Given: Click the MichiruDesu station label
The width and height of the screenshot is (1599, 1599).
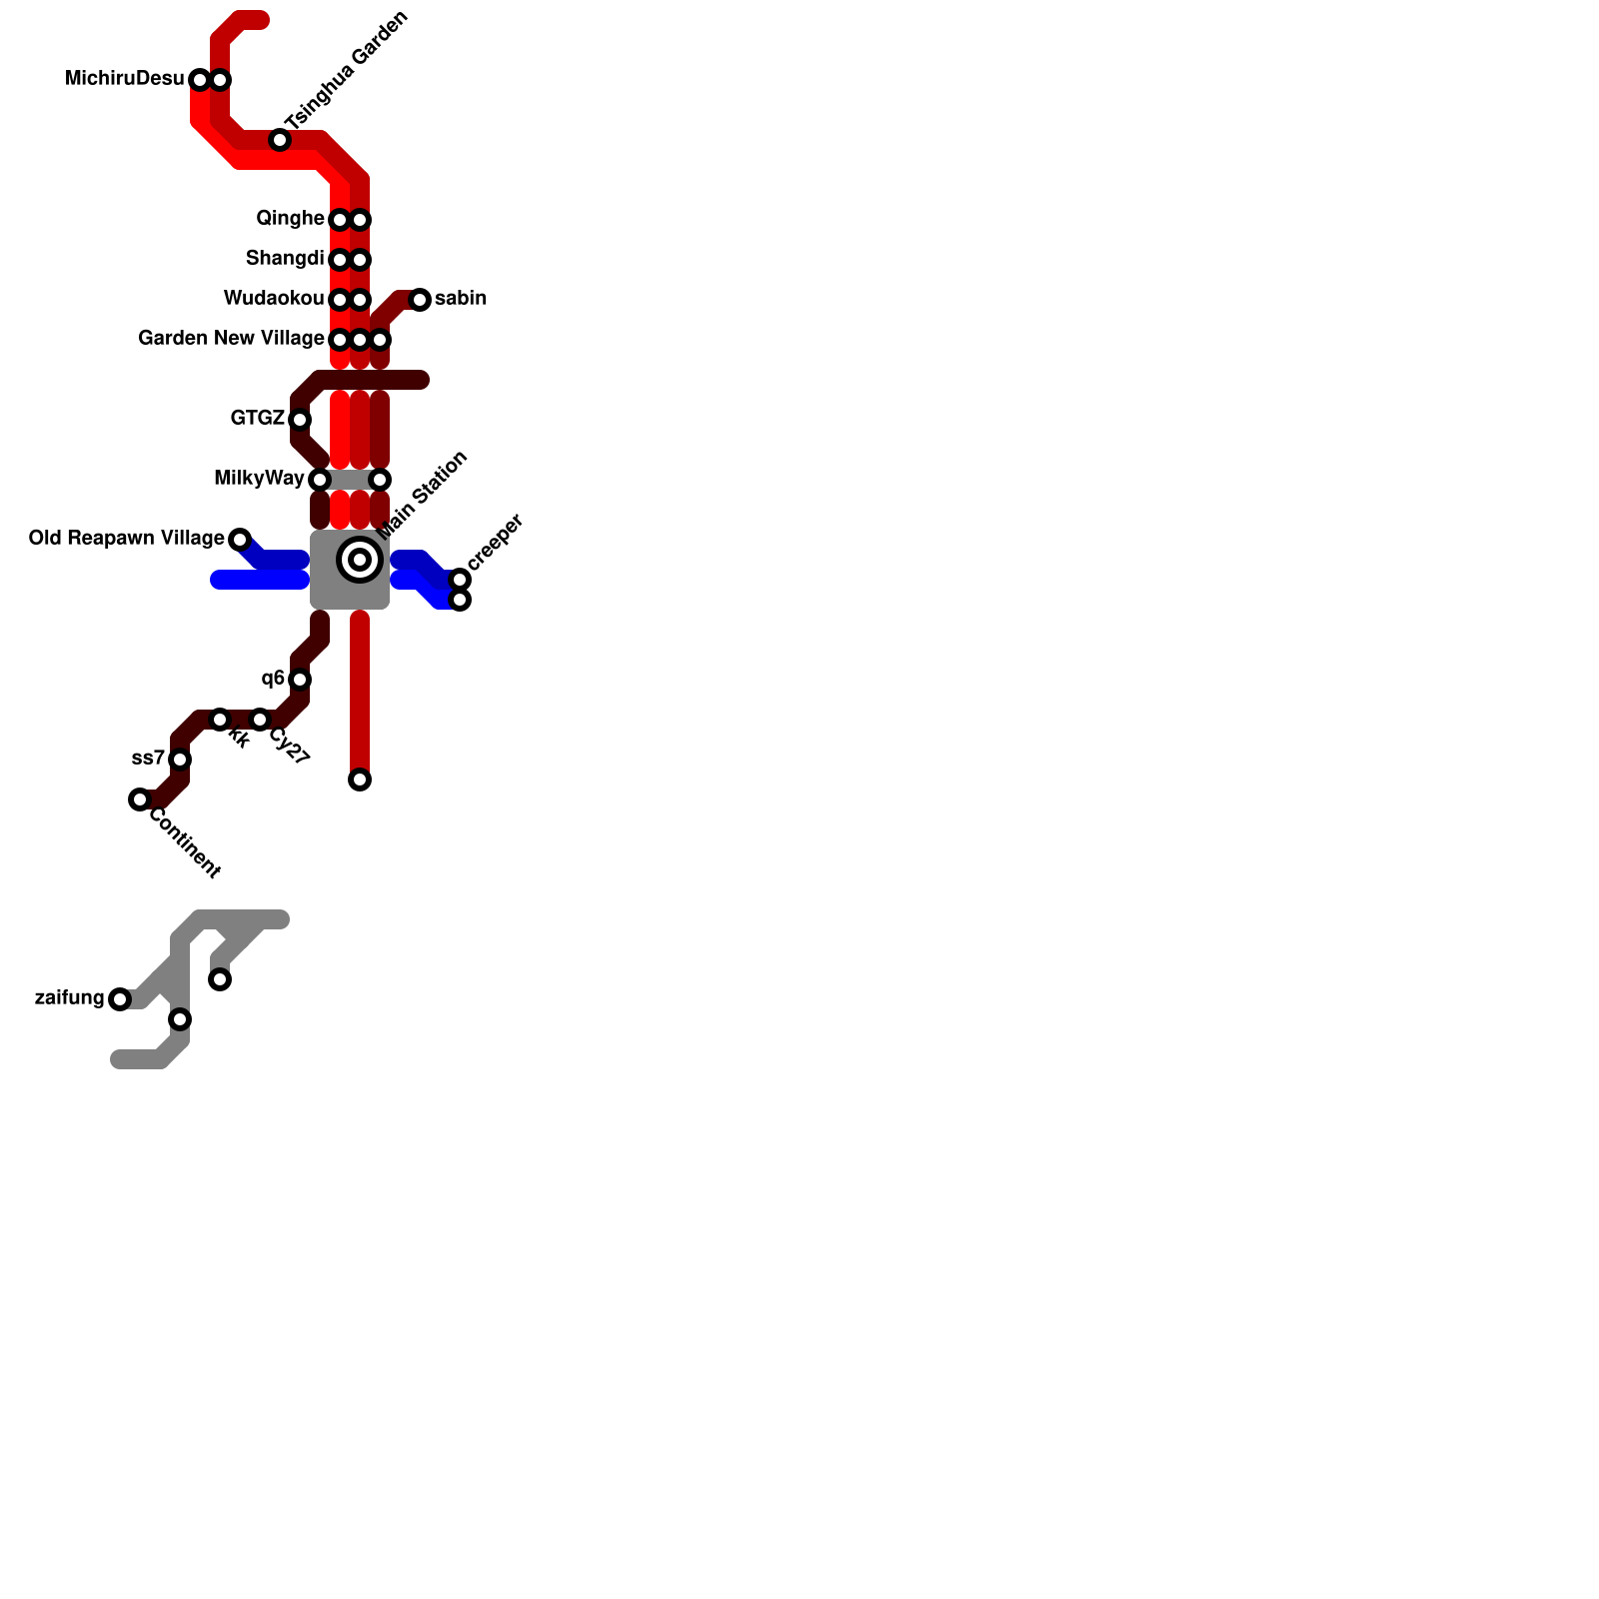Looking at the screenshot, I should click(124, 79).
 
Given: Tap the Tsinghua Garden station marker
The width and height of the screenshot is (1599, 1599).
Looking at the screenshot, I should click(280, 140).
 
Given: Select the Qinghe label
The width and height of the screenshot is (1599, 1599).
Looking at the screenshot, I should click(290, 219).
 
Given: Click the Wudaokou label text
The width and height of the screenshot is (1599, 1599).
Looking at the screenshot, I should click(274, 299).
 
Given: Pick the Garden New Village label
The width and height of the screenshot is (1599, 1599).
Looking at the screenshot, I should click(231, 339).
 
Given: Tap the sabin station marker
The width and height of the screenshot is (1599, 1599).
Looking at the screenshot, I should click(420, 300).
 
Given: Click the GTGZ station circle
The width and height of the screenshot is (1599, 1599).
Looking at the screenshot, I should click(300, 420).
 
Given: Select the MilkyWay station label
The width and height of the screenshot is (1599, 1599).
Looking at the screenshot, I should click(259, 479).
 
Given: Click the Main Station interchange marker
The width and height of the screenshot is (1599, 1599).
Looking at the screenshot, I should click(360, 560).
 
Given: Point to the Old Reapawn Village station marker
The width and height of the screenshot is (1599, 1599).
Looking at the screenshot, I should click(240, 540).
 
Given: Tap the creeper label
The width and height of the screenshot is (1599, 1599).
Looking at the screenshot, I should click(495, 543).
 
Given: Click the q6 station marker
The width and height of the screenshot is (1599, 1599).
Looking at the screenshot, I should click(300, 680).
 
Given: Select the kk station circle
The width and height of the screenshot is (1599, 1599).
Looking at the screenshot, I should click(220, 720).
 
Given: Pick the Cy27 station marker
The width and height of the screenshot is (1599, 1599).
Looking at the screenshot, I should click(260, 720).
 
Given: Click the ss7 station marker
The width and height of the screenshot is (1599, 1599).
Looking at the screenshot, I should click(180, 760).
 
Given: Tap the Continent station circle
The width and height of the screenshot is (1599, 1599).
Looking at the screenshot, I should click(140, 799).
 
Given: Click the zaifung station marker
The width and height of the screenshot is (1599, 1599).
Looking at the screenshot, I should click(120, 999).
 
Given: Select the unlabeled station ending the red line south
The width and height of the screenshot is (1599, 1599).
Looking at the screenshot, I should click(360, 780).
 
